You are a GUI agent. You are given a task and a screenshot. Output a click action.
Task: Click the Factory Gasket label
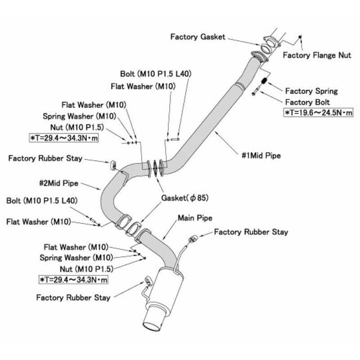(198, 36)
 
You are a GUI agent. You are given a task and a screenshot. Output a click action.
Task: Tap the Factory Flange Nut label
(317, 55)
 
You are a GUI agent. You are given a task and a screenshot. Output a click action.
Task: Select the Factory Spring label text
(311, 91)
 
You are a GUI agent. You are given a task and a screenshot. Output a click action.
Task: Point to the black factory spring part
(265, 81)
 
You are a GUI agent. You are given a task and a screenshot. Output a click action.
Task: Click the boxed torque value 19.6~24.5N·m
(318, 112)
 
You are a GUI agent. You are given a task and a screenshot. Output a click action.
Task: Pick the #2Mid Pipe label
(59, 183)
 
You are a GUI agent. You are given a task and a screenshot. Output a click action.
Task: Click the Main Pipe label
(195, 218)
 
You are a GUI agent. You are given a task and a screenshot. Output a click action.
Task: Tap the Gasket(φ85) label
(185, 198)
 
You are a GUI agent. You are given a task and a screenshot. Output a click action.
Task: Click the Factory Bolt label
(308, 102)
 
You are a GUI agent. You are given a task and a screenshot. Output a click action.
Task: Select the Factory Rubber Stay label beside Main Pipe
(251, 232)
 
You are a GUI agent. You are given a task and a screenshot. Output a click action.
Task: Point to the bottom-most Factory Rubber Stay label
(73, 297)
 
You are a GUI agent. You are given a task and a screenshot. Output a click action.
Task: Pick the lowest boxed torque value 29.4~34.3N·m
(73, 280)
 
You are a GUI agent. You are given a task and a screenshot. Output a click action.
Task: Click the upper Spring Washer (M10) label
(80, 116)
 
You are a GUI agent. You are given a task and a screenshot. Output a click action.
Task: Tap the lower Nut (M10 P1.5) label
(86, 269)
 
